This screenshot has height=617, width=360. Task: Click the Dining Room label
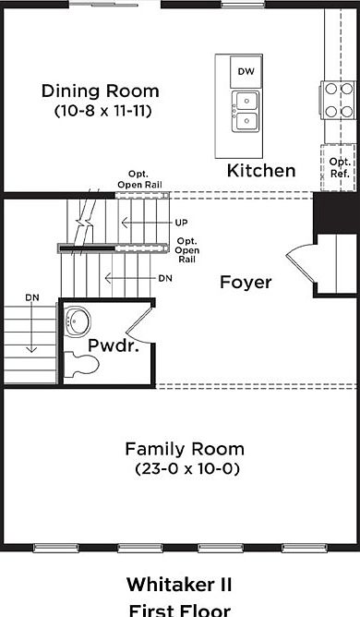pos(101,91)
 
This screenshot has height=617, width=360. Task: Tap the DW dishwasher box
pos(246,72)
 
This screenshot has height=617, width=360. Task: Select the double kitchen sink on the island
pos(246,112)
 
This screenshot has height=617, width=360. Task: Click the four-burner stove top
pos(339,100)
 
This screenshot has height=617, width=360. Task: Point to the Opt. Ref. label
pos(340,167)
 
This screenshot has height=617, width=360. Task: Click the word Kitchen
pos(261,170)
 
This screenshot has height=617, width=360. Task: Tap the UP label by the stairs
pos(181,223)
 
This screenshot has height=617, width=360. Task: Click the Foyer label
pos(246,282)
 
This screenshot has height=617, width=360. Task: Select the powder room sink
pos(78,322)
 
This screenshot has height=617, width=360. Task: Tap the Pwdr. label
pos(114,345)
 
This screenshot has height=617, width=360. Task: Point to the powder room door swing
pos(137,324)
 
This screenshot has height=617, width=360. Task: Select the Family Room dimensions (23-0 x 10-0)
pos(187,469)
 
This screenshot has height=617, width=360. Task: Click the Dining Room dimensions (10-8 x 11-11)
pos(102,111)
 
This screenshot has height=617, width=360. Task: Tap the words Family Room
pos(185,449)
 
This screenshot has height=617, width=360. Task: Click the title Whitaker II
pos(179,585)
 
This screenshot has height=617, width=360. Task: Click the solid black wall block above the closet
pos(335,212)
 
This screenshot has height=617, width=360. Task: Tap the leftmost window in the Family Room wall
pos(56,548)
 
